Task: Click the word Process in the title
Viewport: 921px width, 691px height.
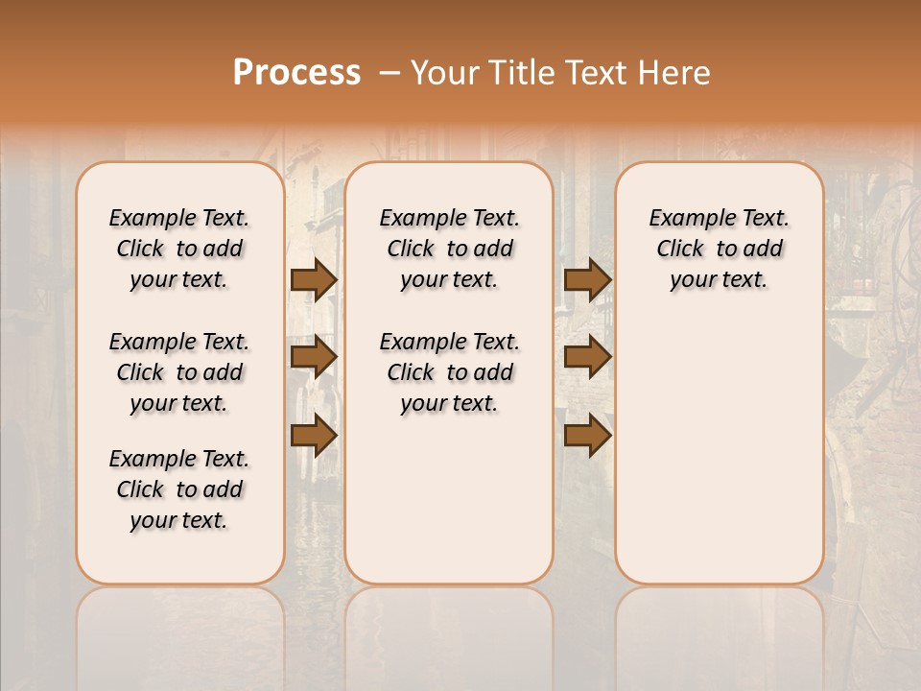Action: tap(296, 73)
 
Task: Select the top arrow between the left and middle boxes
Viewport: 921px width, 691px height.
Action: tap(314, 279)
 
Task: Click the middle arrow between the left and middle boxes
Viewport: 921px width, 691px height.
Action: tap(314, 357)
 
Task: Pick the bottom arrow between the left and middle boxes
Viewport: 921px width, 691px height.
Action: tap(314, 436)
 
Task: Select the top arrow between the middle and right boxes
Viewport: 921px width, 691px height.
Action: tap(587, 279)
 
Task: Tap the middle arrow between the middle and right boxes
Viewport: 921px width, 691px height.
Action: tap(587, 357)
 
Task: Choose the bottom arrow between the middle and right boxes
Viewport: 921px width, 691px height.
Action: tap(587, 436)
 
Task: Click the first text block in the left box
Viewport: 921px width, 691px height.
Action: tap(179, 249)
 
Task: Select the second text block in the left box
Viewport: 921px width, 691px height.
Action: tap(179, 372)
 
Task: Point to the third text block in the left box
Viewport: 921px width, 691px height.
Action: tap(179, 489)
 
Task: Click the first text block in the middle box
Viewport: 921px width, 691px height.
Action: tap(449, 249)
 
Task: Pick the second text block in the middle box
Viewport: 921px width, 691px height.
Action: tap(449, 372)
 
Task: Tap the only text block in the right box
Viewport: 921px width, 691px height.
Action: tap(719, 249)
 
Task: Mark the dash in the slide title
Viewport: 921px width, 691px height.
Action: tap(390, 73)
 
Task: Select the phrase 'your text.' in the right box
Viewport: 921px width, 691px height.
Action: tap(719, 280)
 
